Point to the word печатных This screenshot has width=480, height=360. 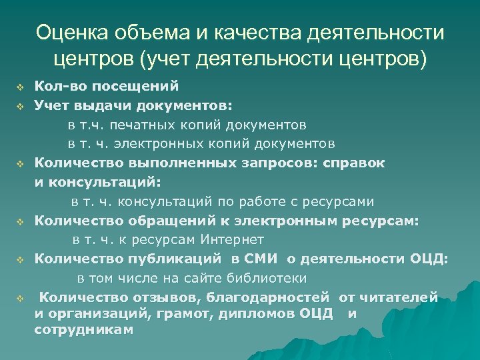click(x=171, y=125)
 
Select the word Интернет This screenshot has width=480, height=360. click(x=230, y=239)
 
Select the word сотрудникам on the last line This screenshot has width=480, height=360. click(x=83, y=330)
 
